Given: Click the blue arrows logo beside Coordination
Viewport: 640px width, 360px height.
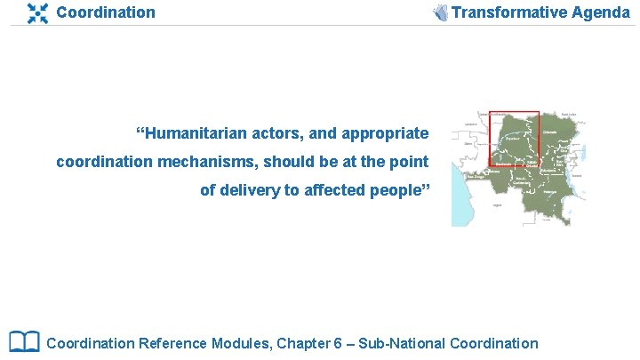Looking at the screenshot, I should pos(37,12).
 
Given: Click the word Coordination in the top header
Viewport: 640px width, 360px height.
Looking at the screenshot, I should pos(105,12).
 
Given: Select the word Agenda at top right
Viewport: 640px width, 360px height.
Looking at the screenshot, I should pos(605,12).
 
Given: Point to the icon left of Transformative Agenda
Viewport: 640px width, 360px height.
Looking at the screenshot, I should pos(440,12).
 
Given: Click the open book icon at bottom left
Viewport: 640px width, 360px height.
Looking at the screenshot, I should pos(24,341).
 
